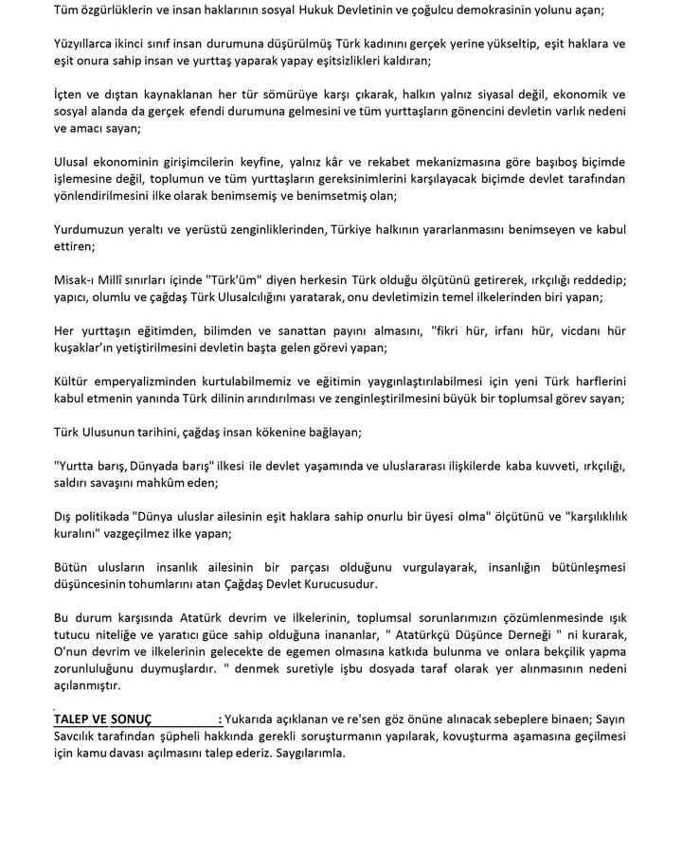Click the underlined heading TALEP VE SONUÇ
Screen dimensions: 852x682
(x=109, y=719)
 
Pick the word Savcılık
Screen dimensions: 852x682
(x=80, y=737)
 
